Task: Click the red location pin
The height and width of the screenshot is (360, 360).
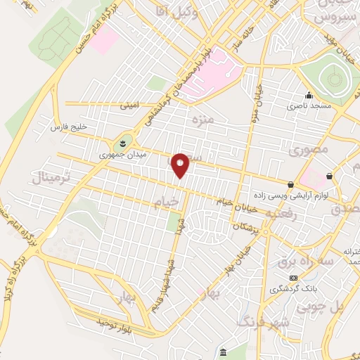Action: (181, 165)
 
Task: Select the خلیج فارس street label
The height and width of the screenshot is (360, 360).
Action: (67, 127)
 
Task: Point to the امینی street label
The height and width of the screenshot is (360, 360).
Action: (129, 106)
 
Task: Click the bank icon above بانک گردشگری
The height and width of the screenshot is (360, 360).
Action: (292, 278)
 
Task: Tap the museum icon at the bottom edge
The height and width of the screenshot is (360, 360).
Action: (223, 352)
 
